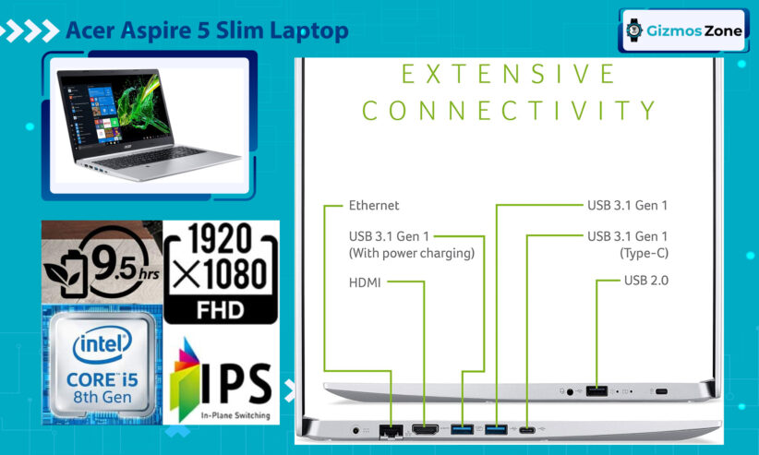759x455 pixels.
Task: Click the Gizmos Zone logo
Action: pos(683,30)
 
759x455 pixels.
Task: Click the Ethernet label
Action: pos(374,205)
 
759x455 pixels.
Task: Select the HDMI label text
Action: pos(365,282)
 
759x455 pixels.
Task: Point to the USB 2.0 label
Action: pos(645,281)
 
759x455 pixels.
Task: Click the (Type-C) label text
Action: pos(644,253)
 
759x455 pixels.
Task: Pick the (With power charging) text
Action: pos(412,253)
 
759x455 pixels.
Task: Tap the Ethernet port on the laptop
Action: pos(392,430)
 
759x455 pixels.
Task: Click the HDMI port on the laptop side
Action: pos(425,429)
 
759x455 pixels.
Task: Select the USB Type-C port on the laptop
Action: pos(527,430)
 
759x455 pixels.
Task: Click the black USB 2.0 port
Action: pos(596,390)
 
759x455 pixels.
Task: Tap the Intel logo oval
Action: pos(102,344)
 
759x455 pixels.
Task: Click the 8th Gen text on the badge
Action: pos(102,397)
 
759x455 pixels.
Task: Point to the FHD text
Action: pos(221,310)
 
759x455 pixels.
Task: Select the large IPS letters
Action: pos(236,384)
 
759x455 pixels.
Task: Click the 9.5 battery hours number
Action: pos(114,263)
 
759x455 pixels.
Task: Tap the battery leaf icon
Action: pos(66,273)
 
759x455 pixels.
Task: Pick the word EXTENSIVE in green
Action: pos(508,74)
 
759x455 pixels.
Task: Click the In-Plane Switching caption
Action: pos(235,415)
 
